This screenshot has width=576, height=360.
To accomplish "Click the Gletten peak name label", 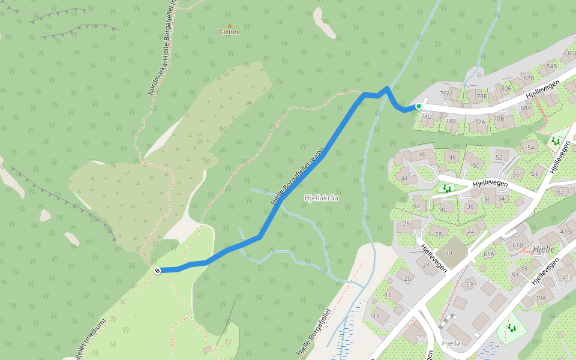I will point(229,32).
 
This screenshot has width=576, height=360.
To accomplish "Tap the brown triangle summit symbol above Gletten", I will point(229,25).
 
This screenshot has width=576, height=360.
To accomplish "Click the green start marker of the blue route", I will point(419,106).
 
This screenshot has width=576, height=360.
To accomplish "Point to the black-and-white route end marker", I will point(157,271).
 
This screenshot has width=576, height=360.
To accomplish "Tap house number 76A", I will point(445,94).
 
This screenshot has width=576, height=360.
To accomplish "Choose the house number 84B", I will point(551,66).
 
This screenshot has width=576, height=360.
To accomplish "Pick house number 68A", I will point(526,109).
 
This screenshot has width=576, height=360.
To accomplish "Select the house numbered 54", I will point(530,147).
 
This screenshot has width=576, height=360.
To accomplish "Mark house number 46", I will point(421,155).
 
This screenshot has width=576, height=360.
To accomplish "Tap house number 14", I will point(377,316).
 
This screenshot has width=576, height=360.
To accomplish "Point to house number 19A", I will point(541,298).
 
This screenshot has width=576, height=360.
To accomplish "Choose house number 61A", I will point(489,254).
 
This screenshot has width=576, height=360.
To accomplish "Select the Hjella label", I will point(451,343).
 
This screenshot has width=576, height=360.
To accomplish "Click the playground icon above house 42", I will point(446,188).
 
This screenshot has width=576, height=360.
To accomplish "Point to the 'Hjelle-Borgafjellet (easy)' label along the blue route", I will point(298,176).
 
